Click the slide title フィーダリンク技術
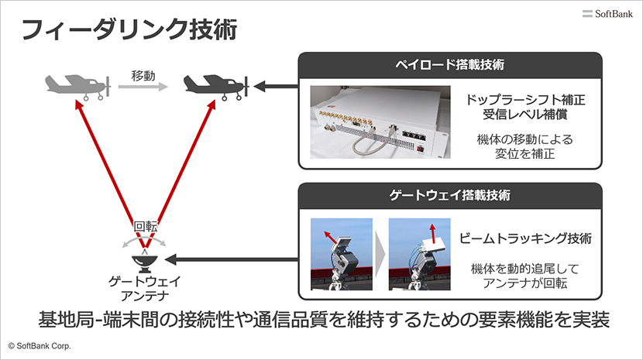tap(128, 30)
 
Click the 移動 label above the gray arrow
tap(143, 76)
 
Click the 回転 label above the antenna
tap(145, 227)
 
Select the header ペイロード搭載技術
tap(450, 63)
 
